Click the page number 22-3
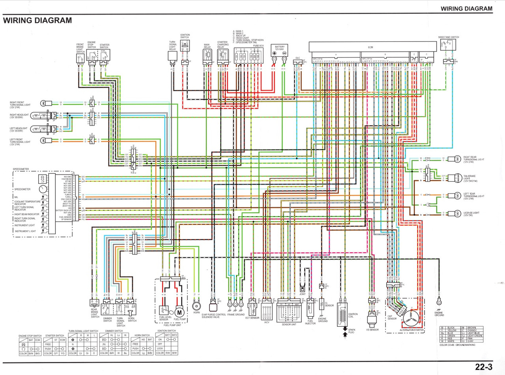pos(484,367)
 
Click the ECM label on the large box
pos(370,47)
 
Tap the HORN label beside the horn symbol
pos(196,312)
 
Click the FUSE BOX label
pos(258,45)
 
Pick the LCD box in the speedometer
pos(42,179)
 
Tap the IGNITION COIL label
pos(353,315)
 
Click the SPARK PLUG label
pos(352,331)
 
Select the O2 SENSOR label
pos(329,304)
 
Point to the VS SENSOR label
pos(372,330)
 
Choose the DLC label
pos(297,58)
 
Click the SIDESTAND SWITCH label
pos(449,37)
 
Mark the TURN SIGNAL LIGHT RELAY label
pos(172,45)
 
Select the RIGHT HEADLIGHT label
pos(19,116)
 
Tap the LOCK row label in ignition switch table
pos(160,349)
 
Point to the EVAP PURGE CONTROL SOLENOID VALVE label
pos(213,316)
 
